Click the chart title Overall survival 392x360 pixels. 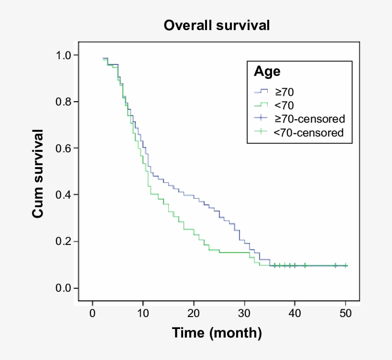(217, 25)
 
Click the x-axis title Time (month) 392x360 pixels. (217, 332)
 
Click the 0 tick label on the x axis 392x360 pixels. (93, 313)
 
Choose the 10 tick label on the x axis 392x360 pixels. (143, 313)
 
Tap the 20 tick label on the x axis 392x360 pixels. (194, 313)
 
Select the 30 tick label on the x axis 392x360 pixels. (244, 313)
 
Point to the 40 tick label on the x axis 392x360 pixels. (295, 313)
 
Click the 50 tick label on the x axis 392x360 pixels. (345, 313)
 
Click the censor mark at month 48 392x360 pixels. (335, 265)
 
